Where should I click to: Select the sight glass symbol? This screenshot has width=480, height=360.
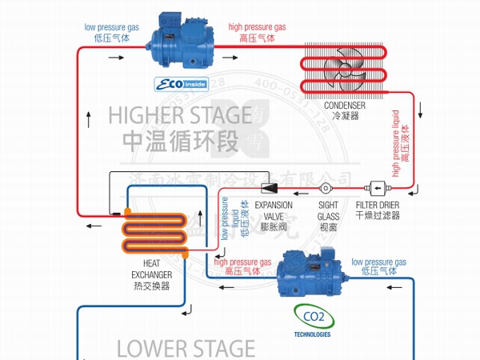coord(326,189)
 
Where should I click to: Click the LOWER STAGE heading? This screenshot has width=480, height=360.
coord(186,349)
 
